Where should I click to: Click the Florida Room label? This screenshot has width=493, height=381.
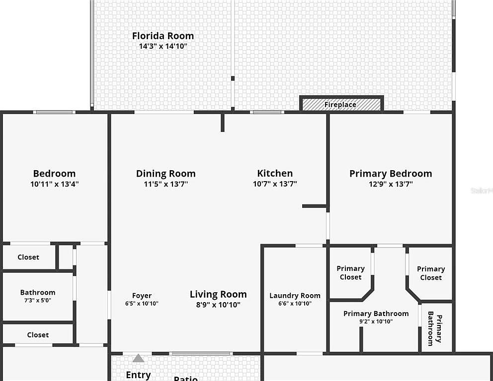[x=163, y=36]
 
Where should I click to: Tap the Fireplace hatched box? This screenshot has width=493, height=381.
[x=341, y=105]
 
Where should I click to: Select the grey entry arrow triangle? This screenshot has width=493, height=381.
[x=138, y=358]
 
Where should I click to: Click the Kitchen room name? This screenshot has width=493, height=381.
[x=275, y=173]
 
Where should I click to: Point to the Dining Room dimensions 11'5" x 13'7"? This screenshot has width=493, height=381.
[x=166, y=184]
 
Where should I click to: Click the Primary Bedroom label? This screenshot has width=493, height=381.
[x=391, y=173]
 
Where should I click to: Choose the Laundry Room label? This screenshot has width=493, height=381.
[x=295, y=296]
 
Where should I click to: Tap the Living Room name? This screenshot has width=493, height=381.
[x=218, y=294]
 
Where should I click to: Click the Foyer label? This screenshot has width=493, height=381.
[x=142, y=296]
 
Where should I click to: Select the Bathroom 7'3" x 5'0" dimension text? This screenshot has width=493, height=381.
[x=38, y=300]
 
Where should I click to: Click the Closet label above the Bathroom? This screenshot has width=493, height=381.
[x=28, y=257]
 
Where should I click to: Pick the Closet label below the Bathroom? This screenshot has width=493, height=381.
[x=38, y=335]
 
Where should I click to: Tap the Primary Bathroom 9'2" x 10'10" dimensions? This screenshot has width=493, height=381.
[x=376, y=321]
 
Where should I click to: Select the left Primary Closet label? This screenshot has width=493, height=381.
[x=350, y=273]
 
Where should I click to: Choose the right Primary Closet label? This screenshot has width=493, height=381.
[x=431, y=273]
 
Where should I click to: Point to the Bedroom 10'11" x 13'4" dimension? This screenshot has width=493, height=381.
[x=55, y=184]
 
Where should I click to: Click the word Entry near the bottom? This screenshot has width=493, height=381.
[x=138, y=375]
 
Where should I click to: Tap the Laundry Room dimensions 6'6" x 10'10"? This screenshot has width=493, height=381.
[x=295, y=304]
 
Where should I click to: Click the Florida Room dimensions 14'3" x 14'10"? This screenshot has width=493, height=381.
[x=163, y=46]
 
